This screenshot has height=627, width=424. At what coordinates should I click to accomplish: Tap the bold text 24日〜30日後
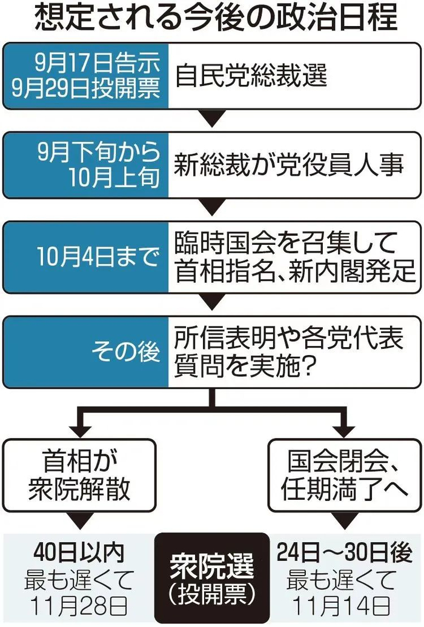coord(345,552)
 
